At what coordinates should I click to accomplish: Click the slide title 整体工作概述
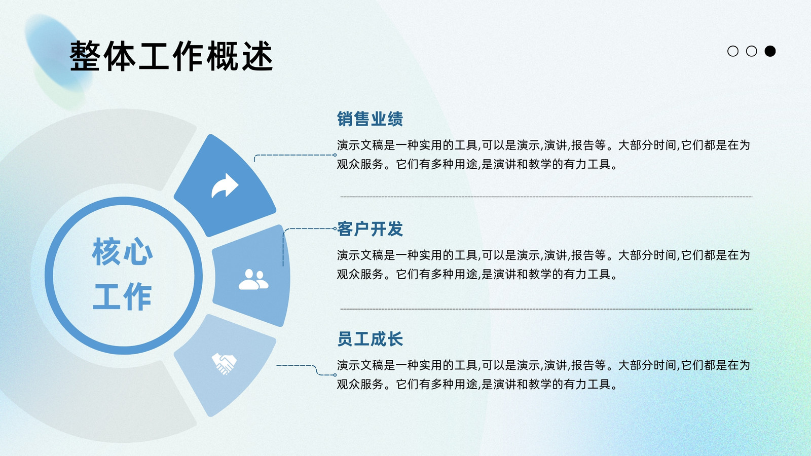[171, 56]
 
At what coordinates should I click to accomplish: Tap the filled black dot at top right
[770, 51]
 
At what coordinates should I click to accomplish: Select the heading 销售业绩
[370, 119]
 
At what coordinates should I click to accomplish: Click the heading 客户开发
[370, 229]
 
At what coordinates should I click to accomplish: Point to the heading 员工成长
[370, 339]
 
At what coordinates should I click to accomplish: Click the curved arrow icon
[225, 185]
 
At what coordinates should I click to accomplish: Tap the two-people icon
[253, 279]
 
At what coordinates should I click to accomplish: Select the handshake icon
[224, 364]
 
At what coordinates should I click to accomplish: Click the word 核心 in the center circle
[122, 252]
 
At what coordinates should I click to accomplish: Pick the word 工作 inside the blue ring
[122, 297]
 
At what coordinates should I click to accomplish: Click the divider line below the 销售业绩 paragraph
[546, 197]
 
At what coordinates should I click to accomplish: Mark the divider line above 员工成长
[546, 309]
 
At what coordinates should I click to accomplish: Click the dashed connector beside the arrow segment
[294, 155]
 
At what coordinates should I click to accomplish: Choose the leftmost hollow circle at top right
[733, 51]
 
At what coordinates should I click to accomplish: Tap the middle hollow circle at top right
[752, 51]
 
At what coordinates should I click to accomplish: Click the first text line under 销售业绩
[543, 145]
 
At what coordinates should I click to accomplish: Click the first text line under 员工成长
[543, 365]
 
